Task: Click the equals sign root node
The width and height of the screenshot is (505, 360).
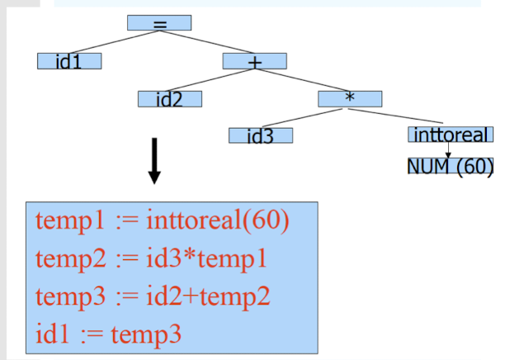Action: coord(159,23)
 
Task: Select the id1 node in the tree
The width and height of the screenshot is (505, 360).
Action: coord(69,60)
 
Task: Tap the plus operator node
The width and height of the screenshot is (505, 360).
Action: coord(254,60)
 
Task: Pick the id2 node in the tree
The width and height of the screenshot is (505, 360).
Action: coord(170,99)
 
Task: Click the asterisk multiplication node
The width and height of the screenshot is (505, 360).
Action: coord(351,98)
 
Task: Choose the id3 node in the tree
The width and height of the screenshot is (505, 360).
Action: coord(261,135)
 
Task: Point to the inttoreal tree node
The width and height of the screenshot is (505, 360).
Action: coord(450,135)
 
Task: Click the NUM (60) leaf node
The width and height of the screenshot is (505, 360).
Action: coord(451,165)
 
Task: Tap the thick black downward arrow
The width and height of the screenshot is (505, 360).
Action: coord(154,161)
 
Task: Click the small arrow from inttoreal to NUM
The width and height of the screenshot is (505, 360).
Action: coord(448,149)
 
